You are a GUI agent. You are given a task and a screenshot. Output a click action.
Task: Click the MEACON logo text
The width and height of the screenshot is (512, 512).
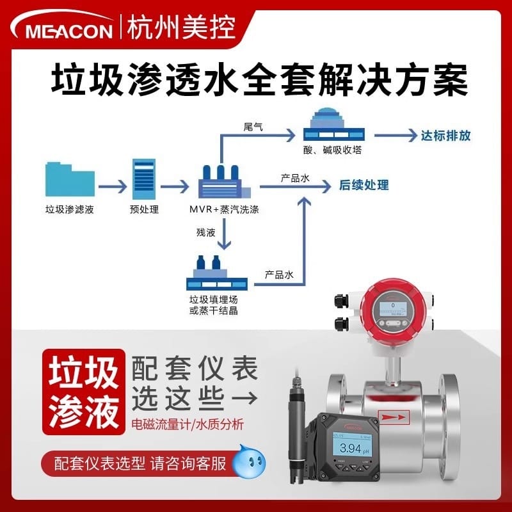[x=67, y=29]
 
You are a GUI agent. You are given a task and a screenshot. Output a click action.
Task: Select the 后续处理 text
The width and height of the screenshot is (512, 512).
[x=364, y=186]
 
